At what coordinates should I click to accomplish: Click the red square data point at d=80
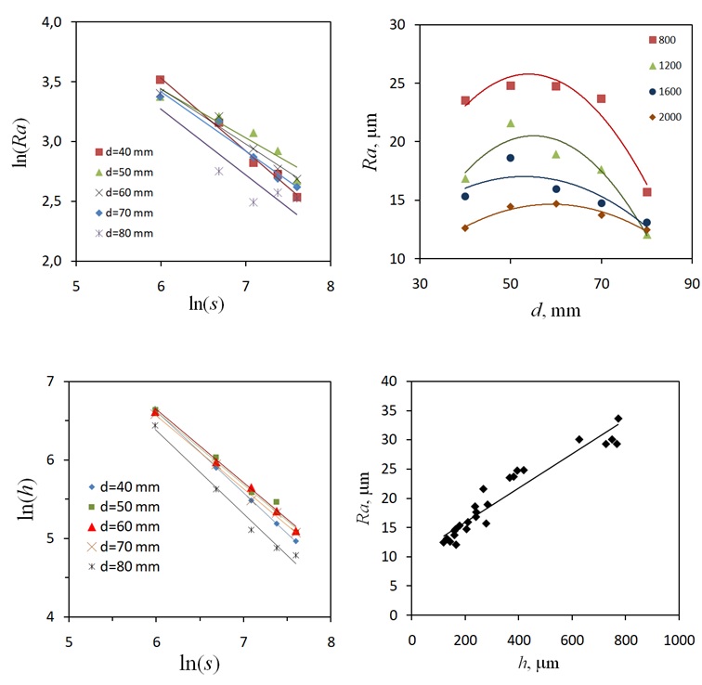[647, 192]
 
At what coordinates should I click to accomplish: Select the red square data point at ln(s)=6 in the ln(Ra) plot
[160, 80]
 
